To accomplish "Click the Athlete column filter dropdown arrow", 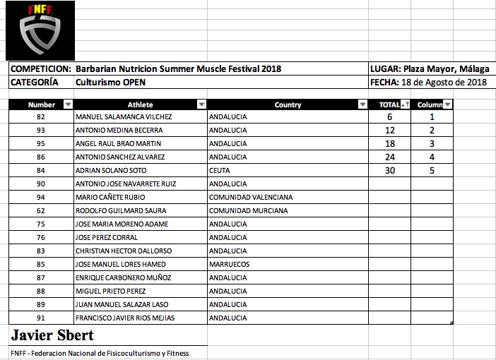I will coord(202,104).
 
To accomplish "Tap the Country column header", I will coord(288,104).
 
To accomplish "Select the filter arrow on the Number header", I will coord(68,104).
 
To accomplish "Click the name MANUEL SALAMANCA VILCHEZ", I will coord(123,117).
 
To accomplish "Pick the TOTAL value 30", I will coord(390,170).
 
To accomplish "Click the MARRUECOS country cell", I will coord(230,264).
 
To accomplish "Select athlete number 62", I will coord(41,210).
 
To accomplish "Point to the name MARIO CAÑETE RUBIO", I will coord(112,197).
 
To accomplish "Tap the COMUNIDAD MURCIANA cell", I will coord(248,210).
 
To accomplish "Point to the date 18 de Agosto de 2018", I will coord(444,82).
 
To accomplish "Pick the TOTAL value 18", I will coord(390,143).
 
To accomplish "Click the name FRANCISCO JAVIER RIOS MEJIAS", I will coord(125,318).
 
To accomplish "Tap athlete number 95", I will coord(41,143).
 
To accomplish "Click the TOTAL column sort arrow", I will coord(405,104).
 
